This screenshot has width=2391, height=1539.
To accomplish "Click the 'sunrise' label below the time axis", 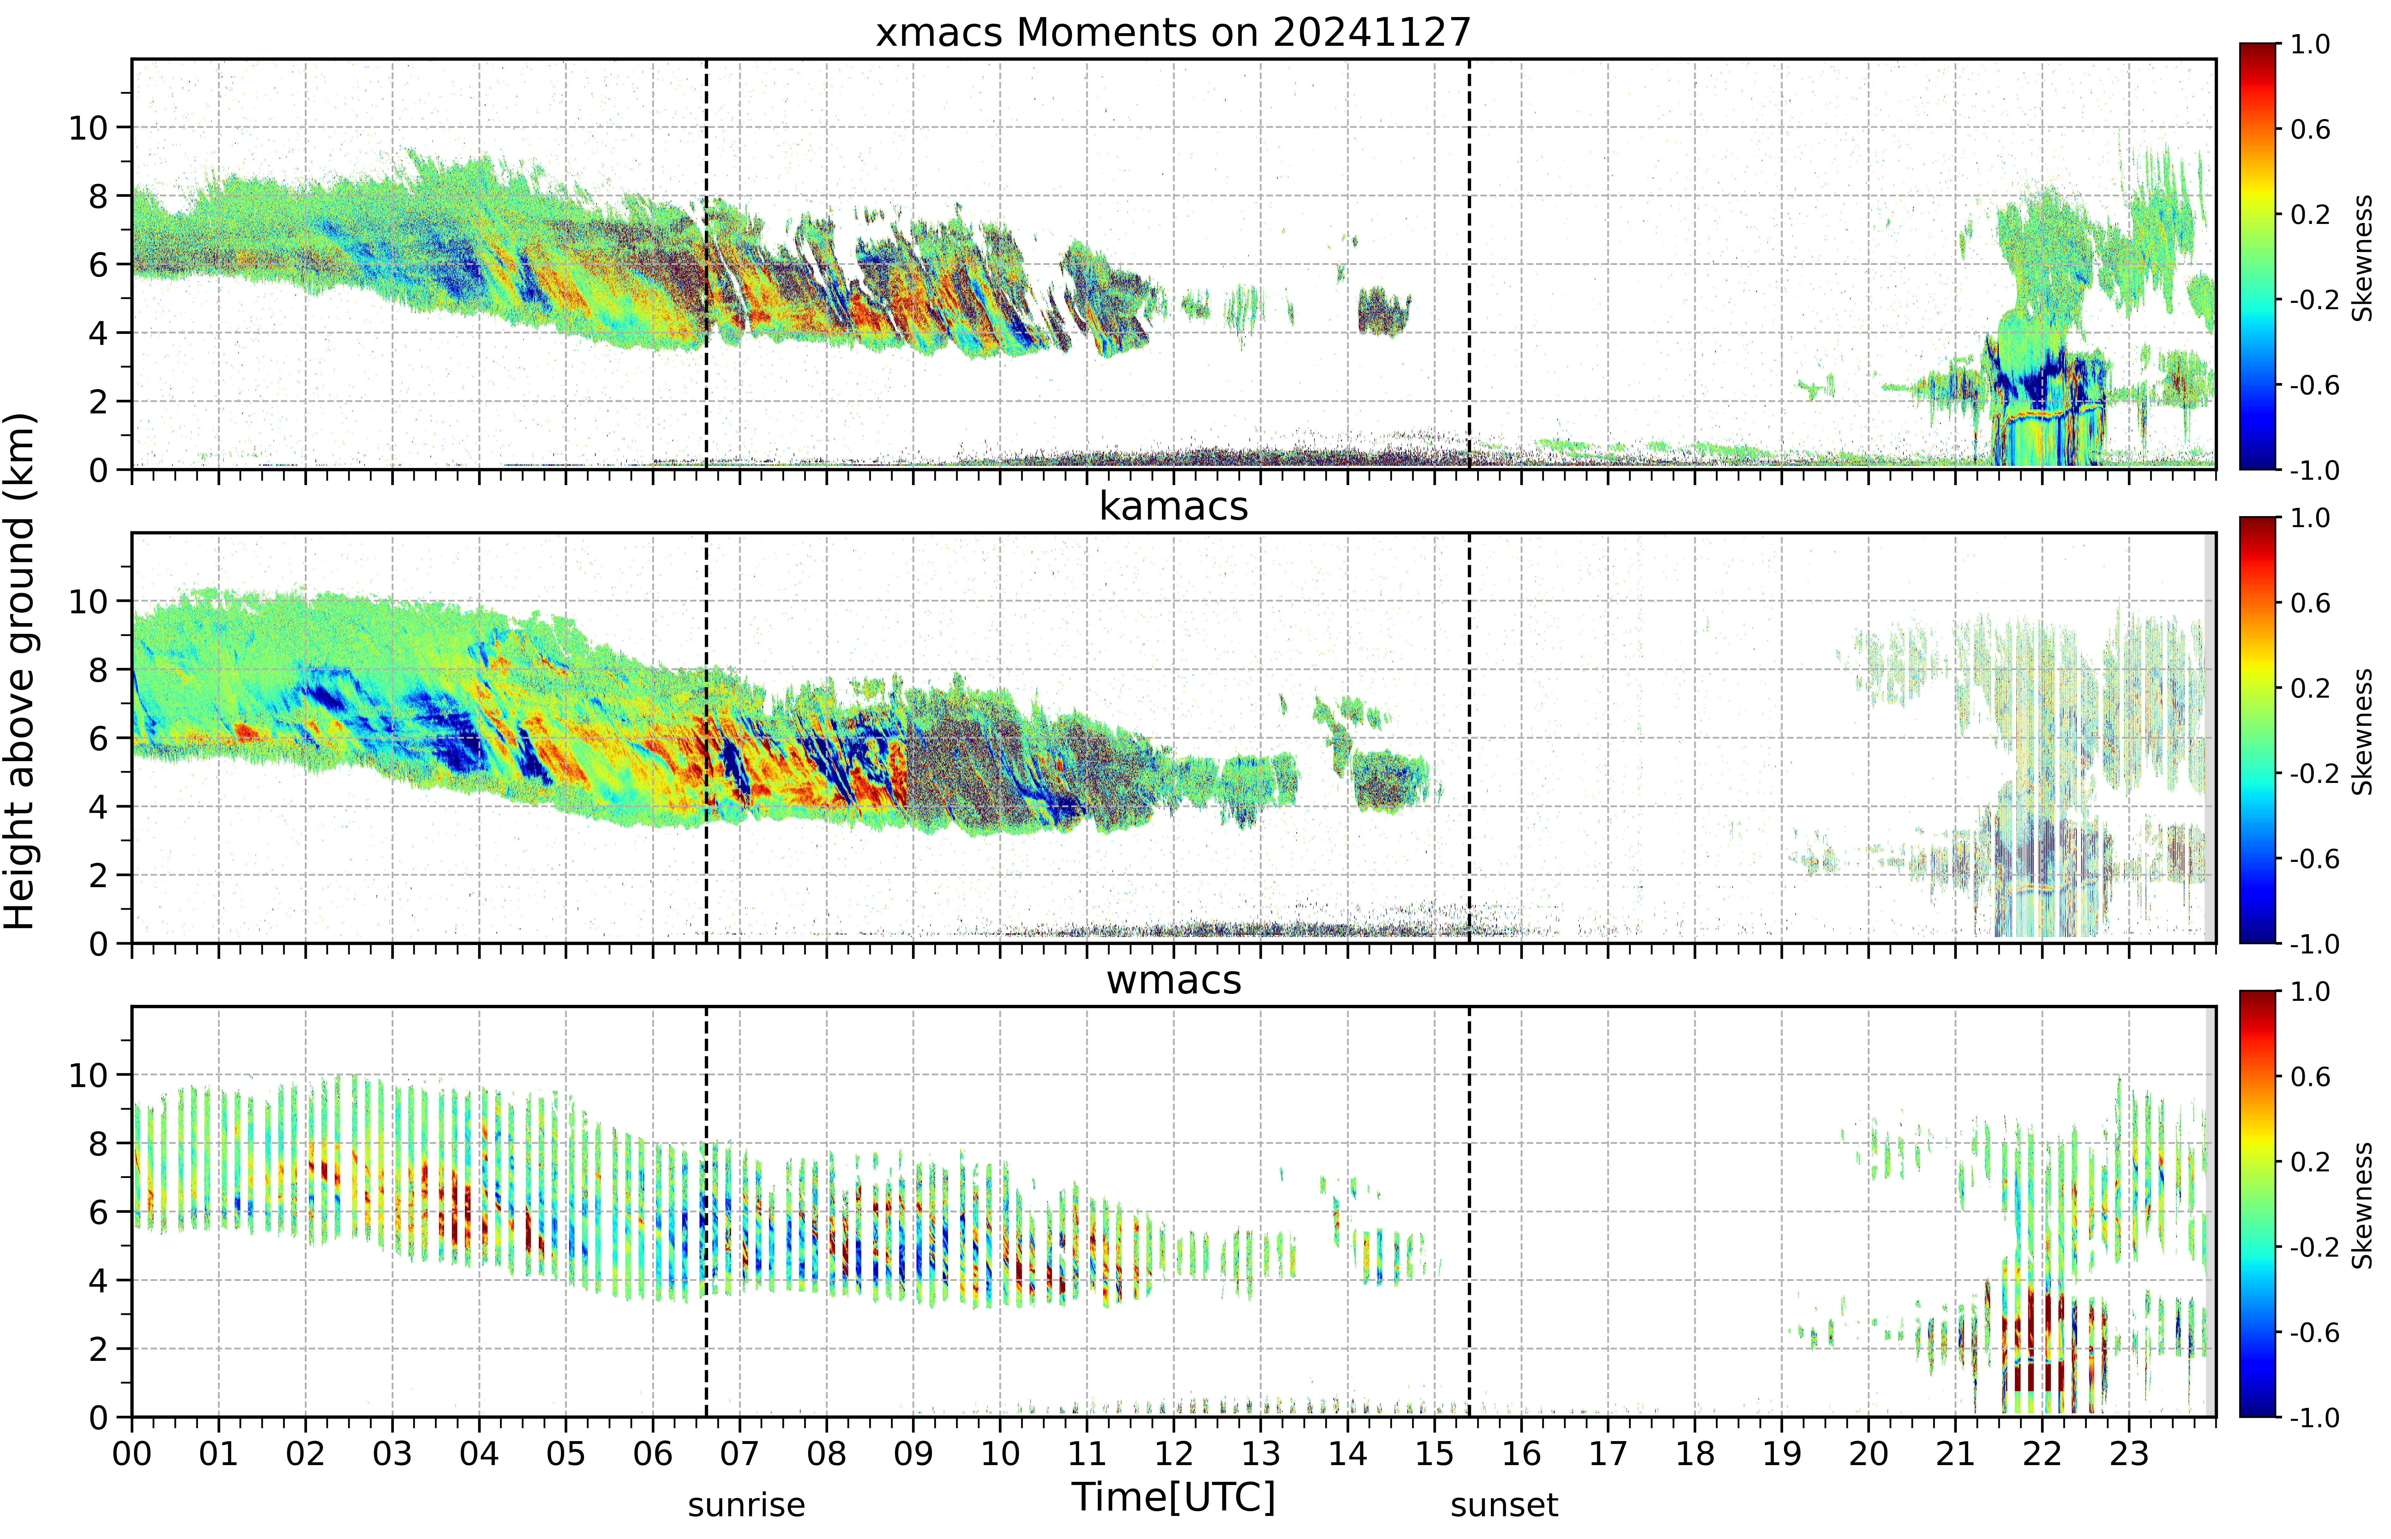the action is coord(746,1505).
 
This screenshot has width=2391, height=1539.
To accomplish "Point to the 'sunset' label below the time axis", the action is coord(1504,1505).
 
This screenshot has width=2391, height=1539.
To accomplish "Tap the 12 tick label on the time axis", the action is coord(1174,1453).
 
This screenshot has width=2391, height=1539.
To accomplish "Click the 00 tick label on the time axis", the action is coord(132,1453).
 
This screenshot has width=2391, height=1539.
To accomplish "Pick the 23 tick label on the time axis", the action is coord(2129,1453).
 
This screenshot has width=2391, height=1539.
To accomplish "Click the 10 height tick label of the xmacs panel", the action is coord(88,128).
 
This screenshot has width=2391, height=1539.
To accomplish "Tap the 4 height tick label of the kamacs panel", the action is coord(98,807).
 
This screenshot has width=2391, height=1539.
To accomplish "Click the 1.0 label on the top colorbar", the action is coord(2309,45).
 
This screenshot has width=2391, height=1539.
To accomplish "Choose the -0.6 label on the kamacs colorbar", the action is coord(2313,859).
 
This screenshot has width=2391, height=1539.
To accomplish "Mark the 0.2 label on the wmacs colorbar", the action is coord(2309,1162).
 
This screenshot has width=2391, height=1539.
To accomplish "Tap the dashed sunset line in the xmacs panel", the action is coord(1469,264).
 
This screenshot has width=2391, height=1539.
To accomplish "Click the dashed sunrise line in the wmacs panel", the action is coord(706,1211).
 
